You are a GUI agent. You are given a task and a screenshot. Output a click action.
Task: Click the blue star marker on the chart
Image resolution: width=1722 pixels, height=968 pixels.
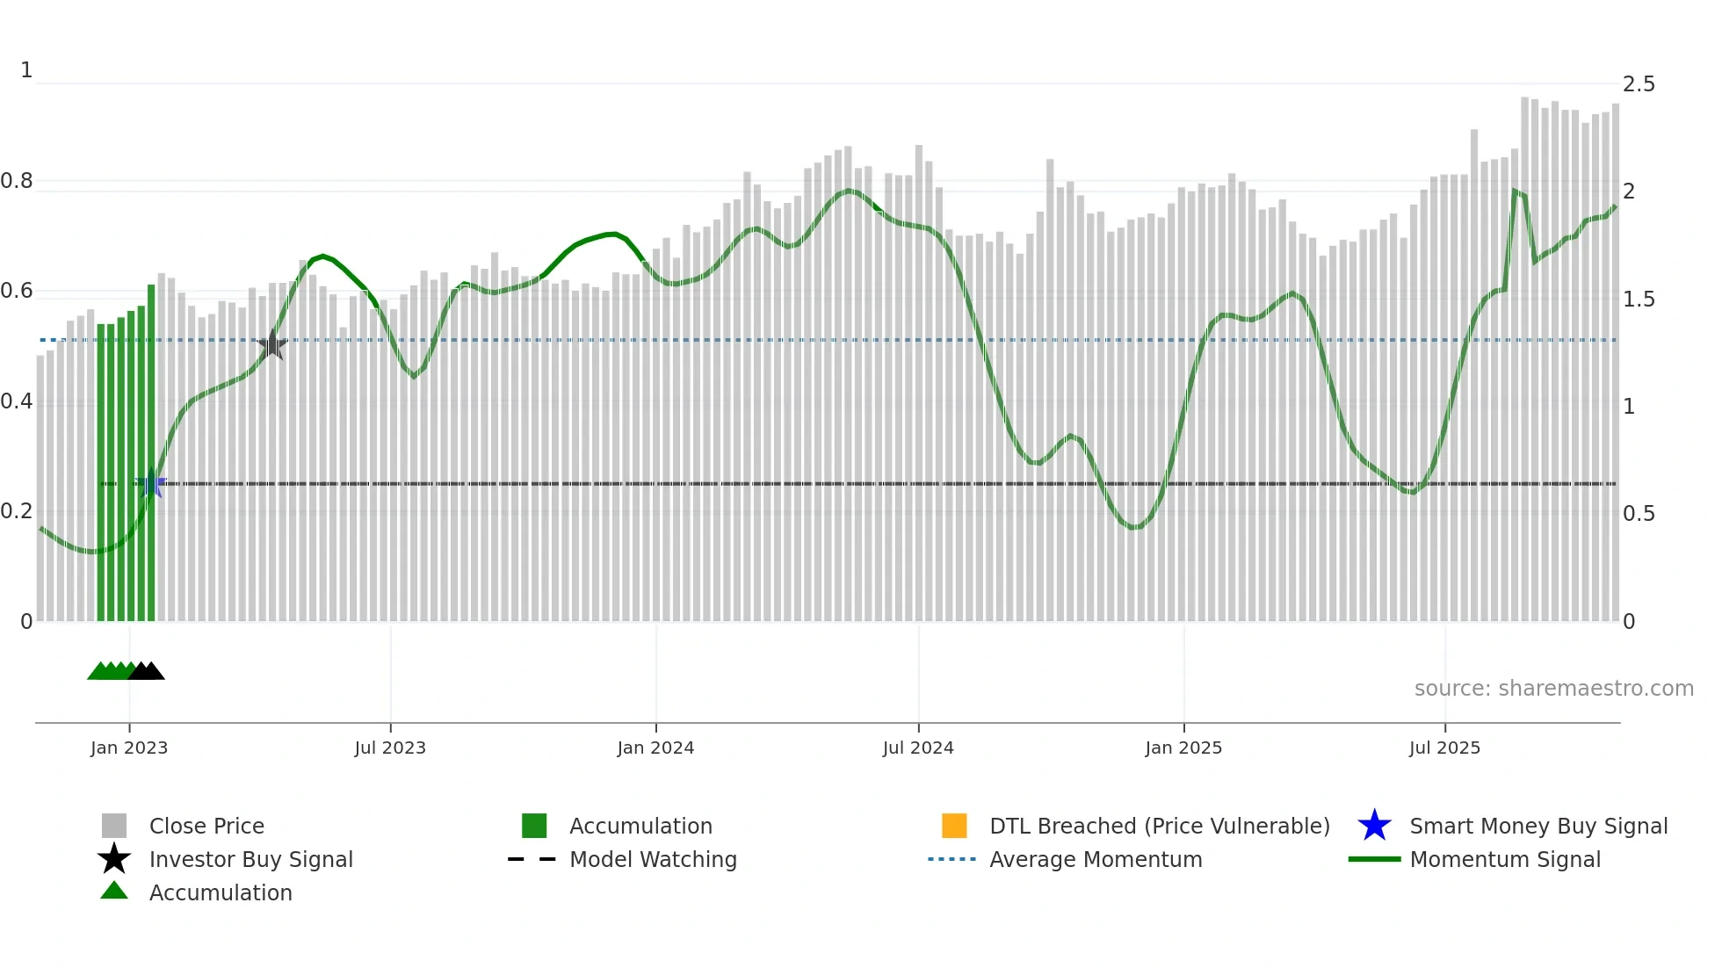click(x=152, y=483)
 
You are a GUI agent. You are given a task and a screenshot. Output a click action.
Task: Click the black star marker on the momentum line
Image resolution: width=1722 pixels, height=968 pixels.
click(x=272, y=345)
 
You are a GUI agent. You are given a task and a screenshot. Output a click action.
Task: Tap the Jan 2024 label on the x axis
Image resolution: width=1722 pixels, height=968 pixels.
click(x=655, y=748)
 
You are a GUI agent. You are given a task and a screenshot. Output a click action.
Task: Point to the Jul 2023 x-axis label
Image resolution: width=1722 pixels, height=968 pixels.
click(x=390, y=748)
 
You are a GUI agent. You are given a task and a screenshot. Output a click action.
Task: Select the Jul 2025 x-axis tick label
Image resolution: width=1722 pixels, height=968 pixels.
click(x=1444, y=748)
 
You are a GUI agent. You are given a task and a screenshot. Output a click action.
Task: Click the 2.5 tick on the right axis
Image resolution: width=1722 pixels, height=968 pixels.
click(x=1638, y=84)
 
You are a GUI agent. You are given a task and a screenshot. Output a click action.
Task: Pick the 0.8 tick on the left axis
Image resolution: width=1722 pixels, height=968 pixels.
click(x=18, y=181)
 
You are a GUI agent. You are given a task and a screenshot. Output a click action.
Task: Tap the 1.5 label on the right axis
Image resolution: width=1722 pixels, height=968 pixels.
click(x=1638, y=300)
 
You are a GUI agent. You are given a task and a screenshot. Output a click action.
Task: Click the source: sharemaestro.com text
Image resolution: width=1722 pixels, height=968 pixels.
click(x=1553, y=688)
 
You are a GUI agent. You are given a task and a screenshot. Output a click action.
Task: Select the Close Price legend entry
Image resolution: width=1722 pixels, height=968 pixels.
click(x=206, y=826)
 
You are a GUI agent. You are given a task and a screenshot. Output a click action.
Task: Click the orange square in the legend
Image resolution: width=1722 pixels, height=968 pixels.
click(x=954, y=826)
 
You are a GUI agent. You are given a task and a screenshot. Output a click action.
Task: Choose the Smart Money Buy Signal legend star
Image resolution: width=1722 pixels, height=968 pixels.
click(x=1374, y=826)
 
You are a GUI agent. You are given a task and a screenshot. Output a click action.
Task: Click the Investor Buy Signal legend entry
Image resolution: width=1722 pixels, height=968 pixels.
click(x=250, y=859)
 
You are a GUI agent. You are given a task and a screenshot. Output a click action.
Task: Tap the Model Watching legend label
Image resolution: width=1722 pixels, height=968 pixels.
click(x=653, y=859)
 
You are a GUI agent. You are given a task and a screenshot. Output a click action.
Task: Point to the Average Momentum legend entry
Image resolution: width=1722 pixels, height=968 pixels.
click(x=1096, y=859)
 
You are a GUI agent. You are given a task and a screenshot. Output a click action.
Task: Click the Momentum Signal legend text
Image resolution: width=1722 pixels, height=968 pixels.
click(x=1505, y=859)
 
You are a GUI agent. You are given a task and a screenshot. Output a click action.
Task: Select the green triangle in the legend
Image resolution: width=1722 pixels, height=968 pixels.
click(x=114, y=891)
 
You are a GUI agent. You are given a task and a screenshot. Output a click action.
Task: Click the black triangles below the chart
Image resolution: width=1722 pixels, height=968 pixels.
click(x=147, y=671)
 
